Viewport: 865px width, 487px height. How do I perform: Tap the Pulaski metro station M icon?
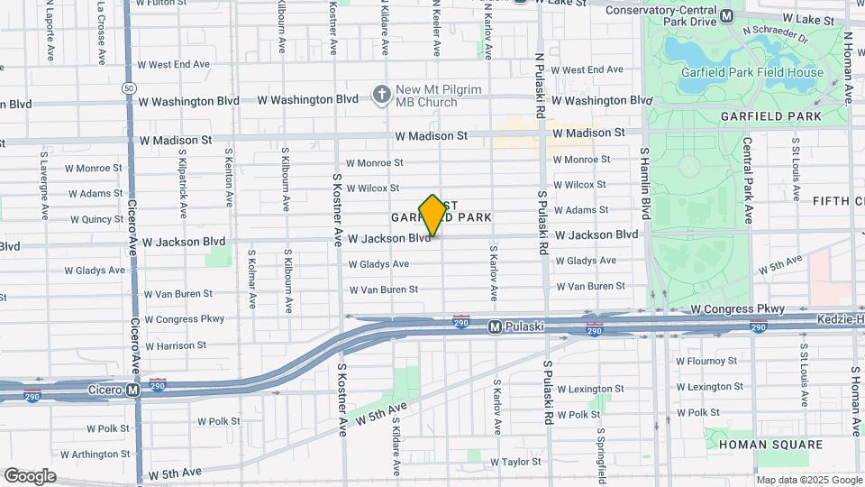pyautogui.click(x=495, y=326)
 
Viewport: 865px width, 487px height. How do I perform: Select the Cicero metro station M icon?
pyautogui.click(x=133, y=391)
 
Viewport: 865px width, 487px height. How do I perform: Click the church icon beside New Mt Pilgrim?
pyautogui.click(x=382, y=94)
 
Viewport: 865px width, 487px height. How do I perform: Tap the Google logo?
pyautogui.click(x=30, y=476)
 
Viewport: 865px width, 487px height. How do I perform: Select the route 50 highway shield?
pyautogui.click(x=130, y=88)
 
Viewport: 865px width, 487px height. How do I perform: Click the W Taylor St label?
pyautogui.click(x=515, y=462)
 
